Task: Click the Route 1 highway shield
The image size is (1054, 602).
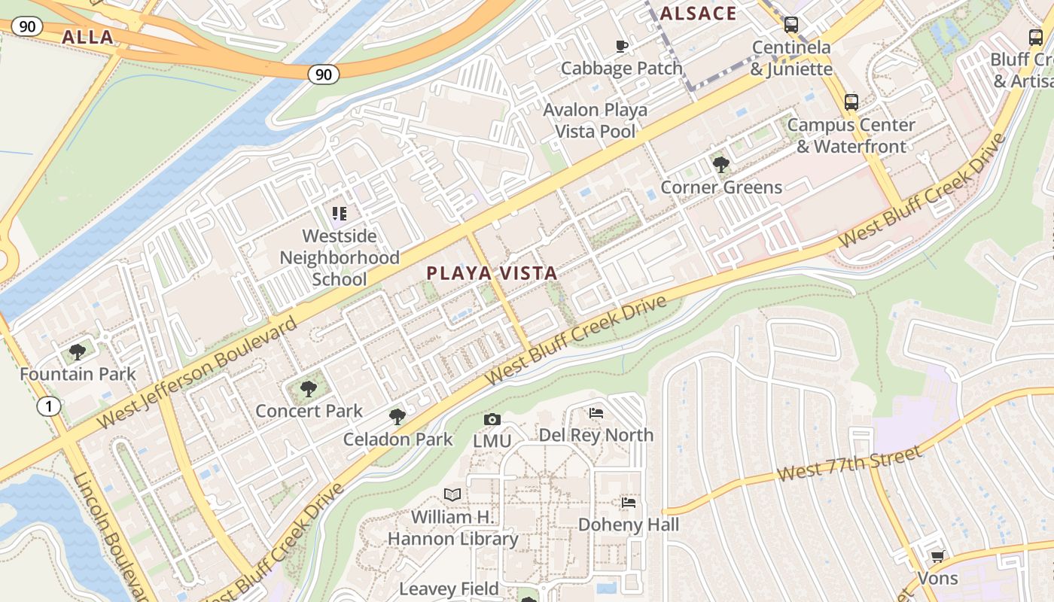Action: [x=49, y=407]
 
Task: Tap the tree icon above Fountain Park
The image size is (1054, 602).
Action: [x=77, y=351]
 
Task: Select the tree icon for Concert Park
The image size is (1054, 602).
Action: [x=308, y=388]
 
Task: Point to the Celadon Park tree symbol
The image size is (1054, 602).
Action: [x=397, y=416]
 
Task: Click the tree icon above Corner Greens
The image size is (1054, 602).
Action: [x=720, y=164]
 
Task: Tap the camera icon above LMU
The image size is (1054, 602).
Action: [x=492, y=419]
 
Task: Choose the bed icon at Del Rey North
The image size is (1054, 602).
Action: [x=596, y=412]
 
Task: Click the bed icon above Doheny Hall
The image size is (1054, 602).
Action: [x=629, y=502]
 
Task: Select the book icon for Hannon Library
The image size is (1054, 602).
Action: [x=452, y=494]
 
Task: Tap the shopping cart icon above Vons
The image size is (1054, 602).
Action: [x=937, y=556]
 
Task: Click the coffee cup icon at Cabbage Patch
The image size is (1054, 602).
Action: [x=622, y=46]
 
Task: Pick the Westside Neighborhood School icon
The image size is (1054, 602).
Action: [x=339, y=214]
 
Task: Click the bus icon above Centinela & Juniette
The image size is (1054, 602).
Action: [x=791, y=25]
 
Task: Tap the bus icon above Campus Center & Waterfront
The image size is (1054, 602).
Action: [x=851, y=102]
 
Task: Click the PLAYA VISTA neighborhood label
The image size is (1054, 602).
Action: [x=492, y=273]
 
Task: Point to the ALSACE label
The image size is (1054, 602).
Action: [x=698, y=14]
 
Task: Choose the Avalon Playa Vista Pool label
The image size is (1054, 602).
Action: [x=596, y=120]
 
